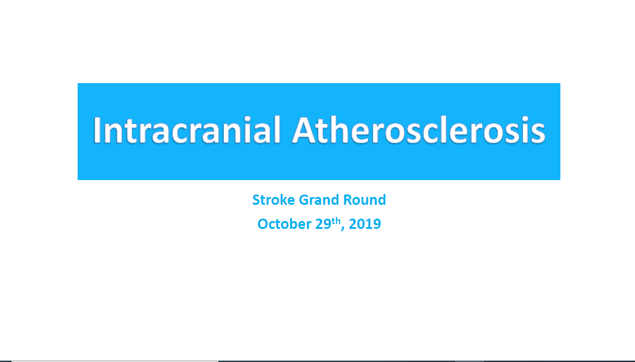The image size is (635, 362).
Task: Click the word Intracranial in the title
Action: (187, 130)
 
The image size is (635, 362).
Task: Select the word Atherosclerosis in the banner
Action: (419, 130)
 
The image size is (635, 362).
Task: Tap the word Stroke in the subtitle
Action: (273, 200)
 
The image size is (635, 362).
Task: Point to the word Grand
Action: (319, 200)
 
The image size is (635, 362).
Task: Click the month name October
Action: (284, 224)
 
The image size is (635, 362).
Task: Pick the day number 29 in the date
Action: (324, 224)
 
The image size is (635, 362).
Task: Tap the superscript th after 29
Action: (336, 221)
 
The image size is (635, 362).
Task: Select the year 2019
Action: (365, 224)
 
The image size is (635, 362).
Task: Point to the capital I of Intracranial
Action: (96, 130)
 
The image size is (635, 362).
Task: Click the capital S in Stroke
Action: (256, 200)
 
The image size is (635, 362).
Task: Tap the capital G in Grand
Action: (303, 200)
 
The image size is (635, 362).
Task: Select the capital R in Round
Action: (347, 200)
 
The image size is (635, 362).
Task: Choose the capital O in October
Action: (263, 224)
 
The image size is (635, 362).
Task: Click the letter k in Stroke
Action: (283, 200)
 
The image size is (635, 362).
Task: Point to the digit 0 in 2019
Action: (361, 224)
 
